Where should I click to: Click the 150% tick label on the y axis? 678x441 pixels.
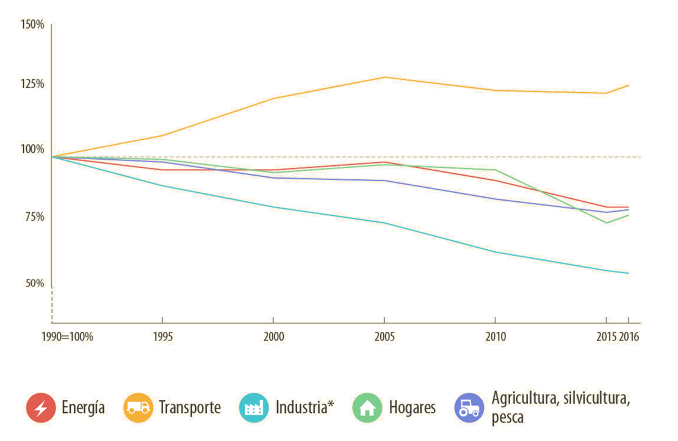coord(32,25)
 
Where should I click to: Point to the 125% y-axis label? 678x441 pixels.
coord(32,84)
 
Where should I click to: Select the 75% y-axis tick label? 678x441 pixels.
coord(33,217)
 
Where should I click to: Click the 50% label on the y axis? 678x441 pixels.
coord(33,283)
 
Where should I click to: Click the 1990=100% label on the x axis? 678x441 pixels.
coord(67,337)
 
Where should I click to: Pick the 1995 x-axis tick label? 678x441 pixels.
coord(162,337)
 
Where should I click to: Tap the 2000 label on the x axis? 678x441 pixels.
coord(273,337)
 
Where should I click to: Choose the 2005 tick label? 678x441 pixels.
coord(384,337)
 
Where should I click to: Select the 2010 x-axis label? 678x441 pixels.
coord(495,337)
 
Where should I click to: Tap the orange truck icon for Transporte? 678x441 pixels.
coord(139,407)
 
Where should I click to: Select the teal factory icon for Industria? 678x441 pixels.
coord(253,407)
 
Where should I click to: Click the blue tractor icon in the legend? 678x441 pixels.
coord(469,407)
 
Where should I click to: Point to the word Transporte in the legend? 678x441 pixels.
coord(190,407)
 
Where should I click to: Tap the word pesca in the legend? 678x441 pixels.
coord(508,419)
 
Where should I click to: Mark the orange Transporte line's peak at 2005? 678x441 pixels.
coord(384,77)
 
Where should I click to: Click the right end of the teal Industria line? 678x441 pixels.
coord(629,273)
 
